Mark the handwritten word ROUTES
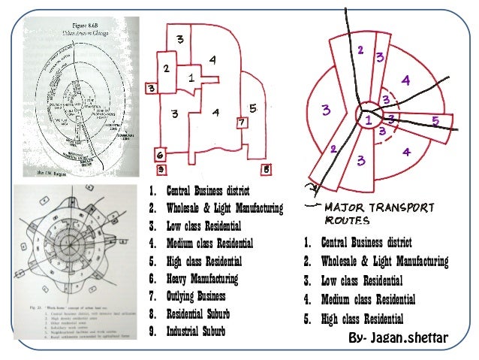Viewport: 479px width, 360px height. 345,221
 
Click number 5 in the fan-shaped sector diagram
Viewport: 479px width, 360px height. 435,120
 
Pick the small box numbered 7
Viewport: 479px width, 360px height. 240,122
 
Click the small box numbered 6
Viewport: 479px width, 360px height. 160,155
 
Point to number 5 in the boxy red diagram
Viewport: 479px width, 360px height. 254,108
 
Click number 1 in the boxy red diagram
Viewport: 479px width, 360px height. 192,77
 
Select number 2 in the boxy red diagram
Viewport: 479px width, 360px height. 167,68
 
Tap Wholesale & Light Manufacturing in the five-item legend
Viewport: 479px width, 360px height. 383,262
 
